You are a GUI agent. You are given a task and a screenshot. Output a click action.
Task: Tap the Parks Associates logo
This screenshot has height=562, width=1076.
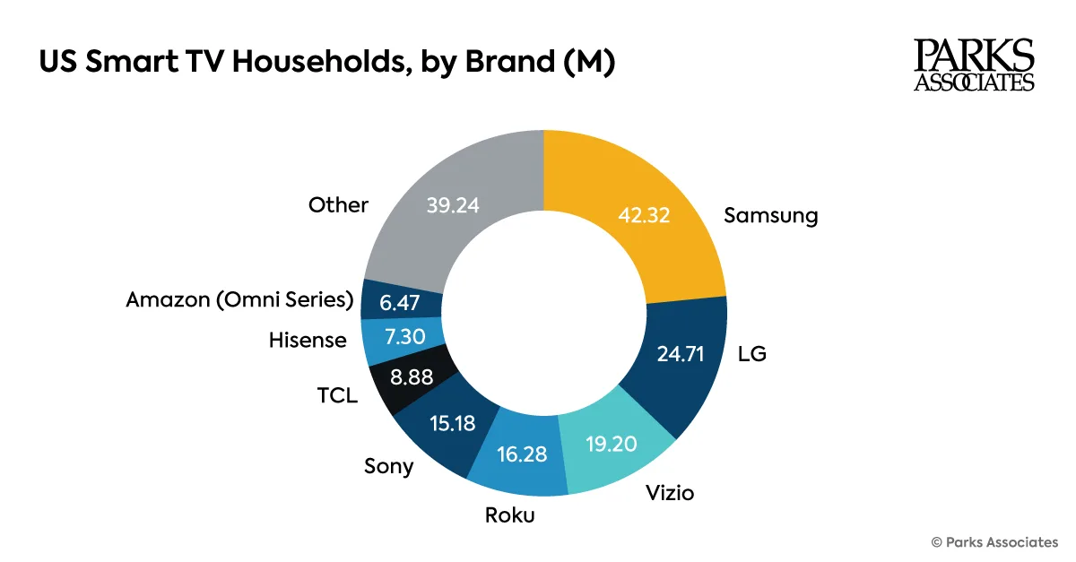pyautogui.click(x=974, y=65)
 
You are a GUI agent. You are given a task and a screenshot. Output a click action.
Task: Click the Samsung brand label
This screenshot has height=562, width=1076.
pyautogui.click(x=771, y=216)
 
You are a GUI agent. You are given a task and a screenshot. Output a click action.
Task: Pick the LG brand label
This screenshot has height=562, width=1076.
pyautogui.click(x=752, y=355)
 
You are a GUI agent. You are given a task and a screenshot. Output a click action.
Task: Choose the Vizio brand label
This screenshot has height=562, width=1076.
pyautogui.click(x=670, y=493)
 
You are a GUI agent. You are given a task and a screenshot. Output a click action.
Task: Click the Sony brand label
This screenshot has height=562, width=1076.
pyautogui.click(x=388, y=466)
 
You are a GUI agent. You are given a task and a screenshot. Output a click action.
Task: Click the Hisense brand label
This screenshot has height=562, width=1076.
pyautogui.click(x=307, y=341)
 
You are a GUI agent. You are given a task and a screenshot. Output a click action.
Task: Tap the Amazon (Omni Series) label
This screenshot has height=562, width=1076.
pyautogui.click(x=240, y=300)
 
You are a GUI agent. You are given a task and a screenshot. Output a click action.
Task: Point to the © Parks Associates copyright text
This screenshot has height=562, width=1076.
pyautogui.click(x=994, y=542)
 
